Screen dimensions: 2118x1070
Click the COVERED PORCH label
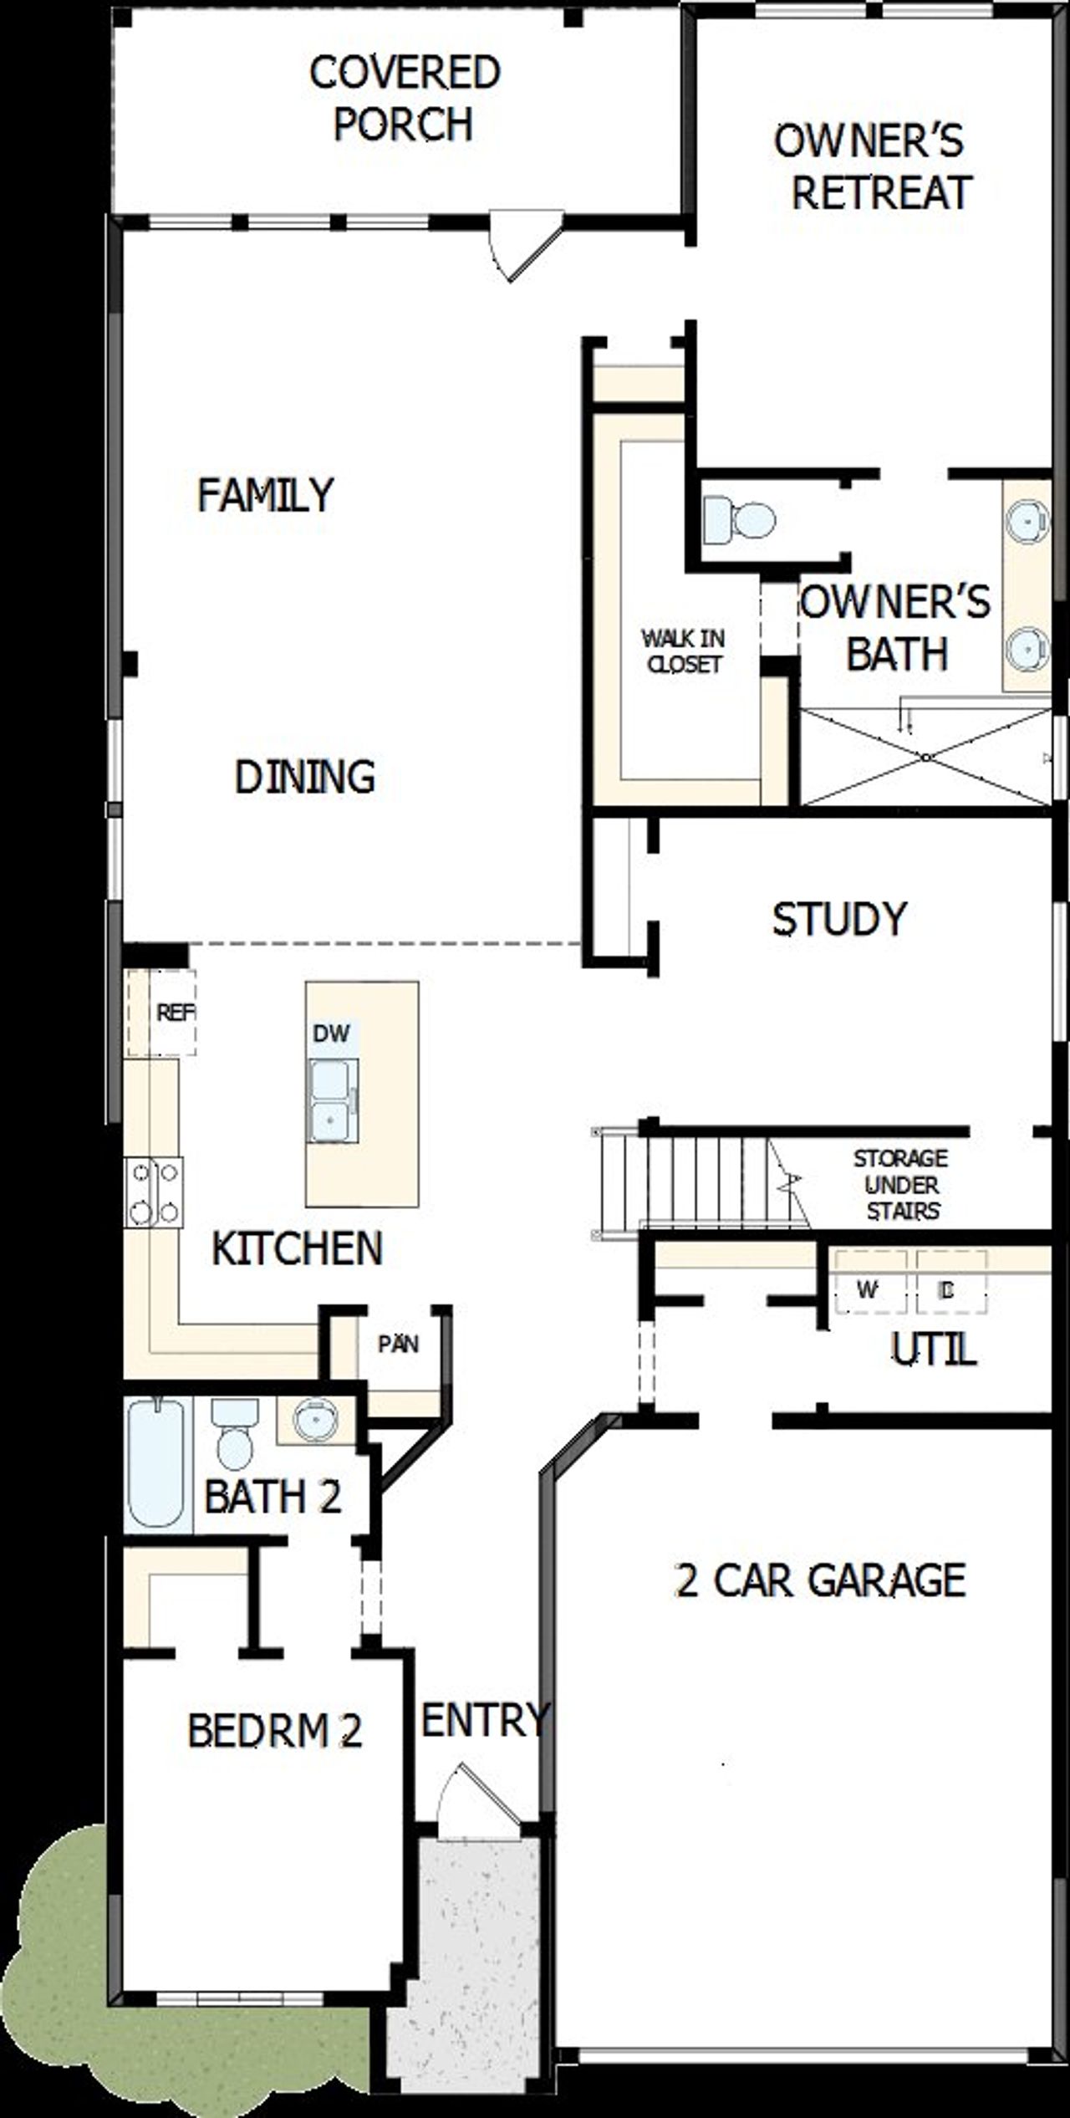point(405,98)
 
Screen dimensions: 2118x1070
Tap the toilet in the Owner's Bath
point(739,519)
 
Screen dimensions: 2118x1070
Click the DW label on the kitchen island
point(332,1033)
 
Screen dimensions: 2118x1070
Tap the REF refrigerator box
point(162,1013)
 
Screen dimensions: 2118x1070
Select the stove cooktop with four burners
point(154,1192)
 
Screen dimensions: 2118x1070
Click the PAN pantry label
point(398,1345)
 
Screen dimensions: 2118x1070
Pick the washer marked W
point(868,1291)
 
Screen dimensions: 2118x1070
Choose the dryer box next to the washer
point(950,1291)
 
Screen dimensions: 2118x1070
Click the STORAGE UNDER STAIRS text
point(901,1185)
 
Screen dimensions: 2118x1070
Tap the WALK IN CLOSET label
point(683,651)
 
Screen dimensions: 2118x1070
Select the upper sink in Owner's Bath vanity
point(1027,521)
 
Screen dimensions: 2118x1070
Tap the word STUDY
point(838,919)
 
